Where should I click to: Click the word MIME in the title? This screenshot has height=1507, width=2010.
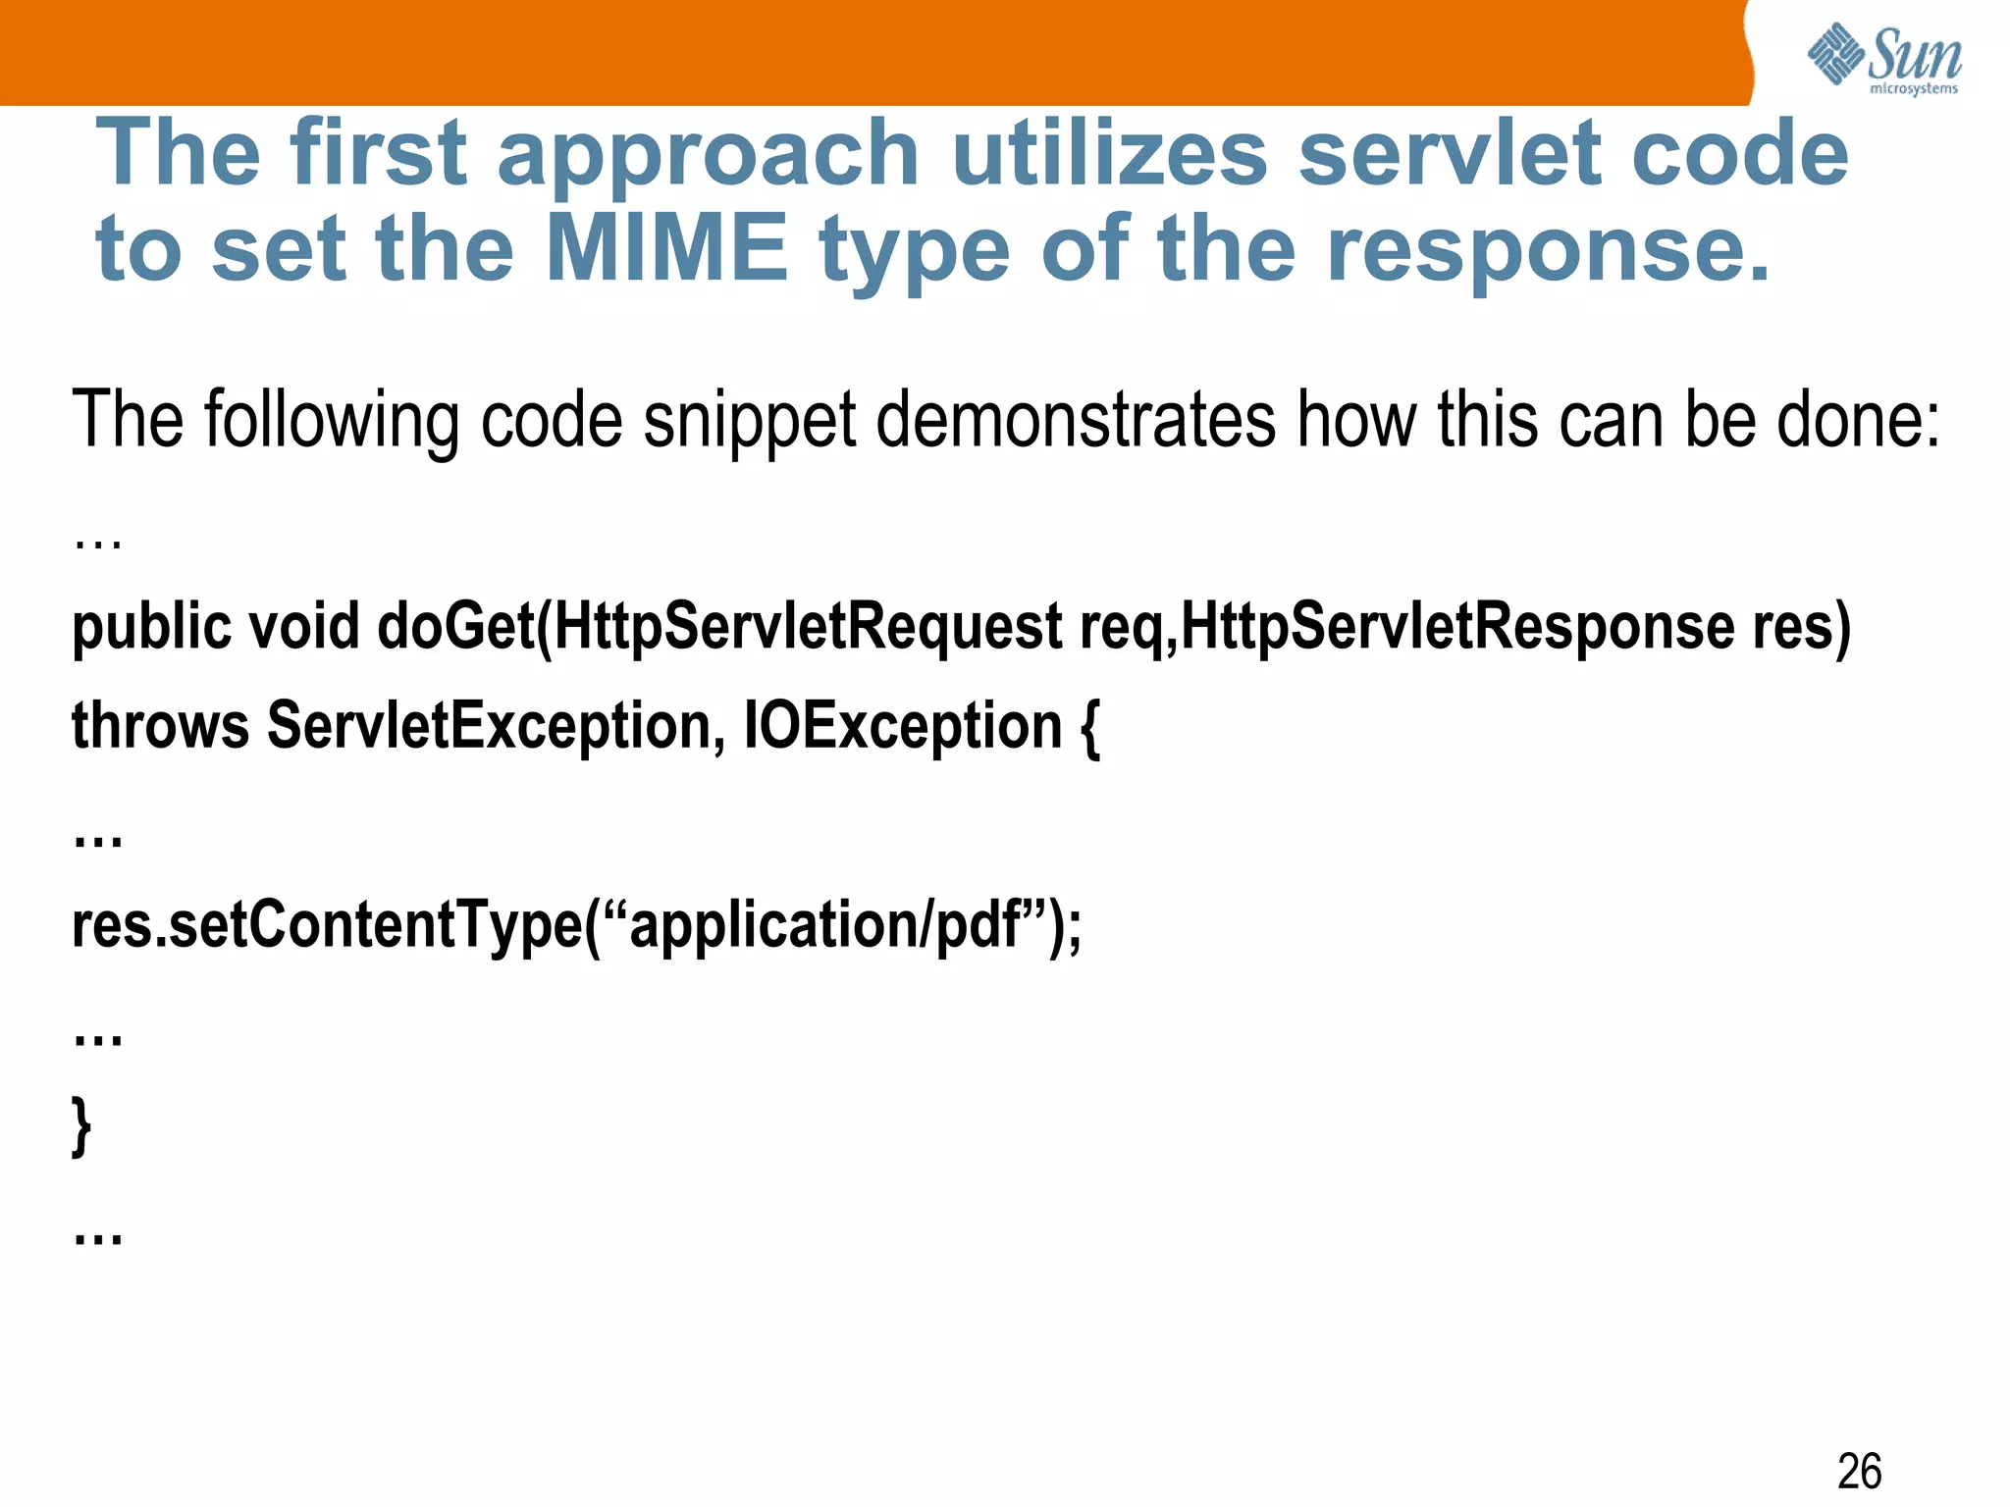tap(666, 248)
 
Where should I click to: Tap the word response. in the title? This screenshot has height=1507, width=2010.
tap(1549, 248)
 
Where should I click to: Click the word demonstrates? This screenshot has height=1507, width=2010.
tap(1076, 421)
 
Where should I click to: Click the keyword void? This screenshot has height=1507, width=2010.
tap(303, 628)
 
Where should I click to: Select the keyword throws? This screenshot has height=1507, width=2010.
tap(160, 727)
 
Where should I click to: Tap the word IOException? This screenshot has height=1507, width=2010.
tap(903, 727)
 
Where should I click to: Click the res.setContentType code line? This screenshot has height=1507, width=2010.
tap(576, 925)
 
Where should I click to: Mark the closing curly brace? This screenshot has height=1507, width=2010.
tap(82, 1126)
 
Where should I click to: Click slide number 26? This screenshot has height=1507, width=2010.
tap(1859, 1472)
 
